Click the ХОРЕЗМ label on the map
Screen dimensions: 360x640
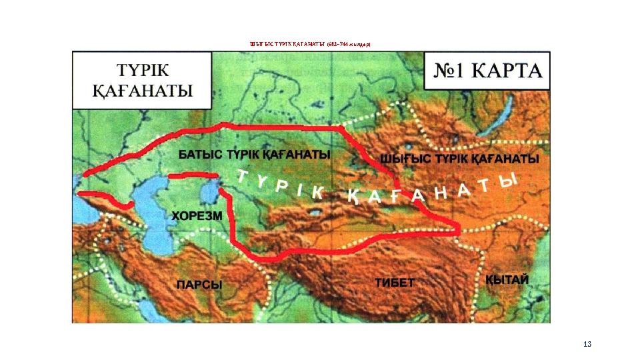199,215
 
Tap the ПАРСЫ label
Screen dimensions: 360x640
199,285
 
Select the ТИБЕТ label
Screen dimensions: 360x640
394,282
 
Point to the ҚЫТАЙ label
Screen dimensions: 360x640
507,280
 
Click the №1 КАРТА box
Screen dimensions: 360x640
487,71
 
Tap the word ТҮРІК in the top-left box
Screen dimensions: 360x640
143,69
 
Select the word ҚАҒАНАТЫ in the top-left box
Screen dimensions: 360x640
143,90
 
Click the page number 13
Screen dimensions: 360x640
587,344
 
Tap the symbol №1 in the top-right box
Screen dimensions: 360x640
453,71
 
